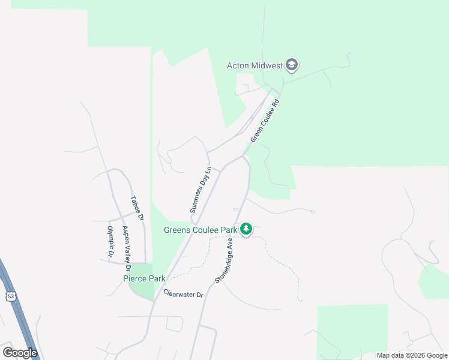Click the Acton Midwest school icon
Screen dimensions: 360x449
(292, 65)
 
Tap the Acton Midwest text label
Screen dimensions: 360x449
(255, 65)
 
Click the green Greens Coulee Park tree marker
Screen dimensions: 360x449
(246, 229)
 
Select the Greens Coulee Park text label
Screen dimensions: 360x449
(200, 230)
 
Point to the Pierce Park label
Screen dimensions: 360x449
(145, 278)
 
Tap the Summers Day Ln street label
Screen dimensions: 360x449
(200, 190)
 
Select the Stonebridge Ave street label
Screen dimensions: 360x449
(224, 260)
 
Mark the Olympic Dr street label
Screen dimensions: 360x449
(110, 241)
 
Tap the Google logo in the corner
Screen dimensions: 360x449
(20, 353)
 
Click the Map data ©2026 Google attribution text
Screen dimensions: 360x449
(411, 355)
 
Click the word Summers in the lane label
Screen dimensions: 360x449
(197, 199)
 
